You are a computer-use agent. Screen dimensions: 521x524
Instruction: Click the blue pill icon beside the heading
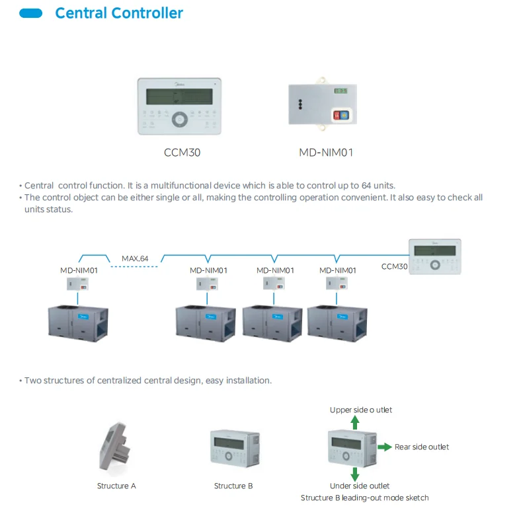(x=31, y=13)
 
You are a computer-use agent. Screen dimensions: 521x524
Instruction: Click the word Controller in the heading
(x=147, y=13)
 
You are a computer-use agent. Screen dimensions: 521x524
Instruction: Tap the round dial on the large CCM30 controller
(x=180, y=120)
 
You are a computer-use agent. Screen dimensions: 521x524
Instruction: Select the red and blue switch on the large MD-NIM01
(x=341, y=115)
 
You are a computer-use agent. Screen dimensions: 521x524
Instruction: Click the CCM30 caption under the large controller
(x=182, y=153)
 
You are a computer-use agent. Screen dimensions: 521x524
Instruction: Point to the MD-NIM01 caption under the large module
(x=326, y=153)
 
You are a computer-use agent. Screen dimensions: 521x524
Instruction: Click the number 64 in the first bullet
(x=366, y=186)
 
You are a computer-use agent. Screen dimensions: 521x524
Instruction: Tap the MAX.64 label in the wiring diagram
(x=135, y=258)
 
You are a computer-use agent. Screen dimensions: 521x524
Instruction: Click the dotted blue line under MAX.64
(x=134, y=267)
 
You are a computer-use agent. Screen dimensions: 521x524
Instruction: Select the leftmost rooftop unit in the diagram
(x=78, y=323)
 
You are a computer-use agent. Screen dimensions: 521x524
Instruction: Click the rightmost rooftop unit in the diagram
(x=337, y=323)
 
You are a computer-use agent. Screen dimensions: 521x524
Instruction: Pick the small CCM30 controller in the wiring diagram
(x=435, y=256)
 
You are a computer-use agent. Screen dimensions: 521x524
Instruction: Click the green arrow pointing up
(x=355, y=423)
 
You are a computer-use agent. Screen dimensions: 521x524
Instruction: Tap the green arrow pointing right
(x=385, y=447)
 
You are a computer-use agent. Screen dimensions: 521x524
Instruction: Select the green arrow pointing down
(x=355, y=474)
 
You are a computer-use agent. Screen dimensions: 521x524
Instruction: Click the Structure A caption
(x=116, y=486)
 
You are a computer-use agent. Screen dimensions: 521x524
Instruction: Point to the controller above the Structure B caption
(x=235, y=449)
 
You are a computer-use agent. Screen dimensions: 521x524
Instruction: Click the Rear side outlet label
(x=422, y=447)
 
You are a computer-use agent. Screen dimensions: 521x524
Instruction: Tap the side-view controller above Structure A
(x=114, y=447)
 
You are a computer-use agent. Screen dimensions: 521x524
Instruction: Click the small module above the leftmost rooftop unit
(x=77, y=284)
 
